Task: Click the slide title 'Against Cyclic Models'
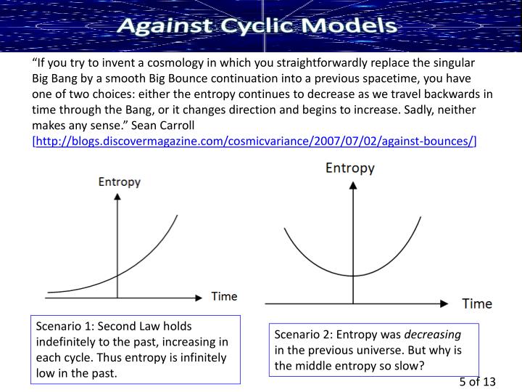[x=257, y=27]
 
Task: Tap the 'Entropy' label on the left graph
[x=119, y=181]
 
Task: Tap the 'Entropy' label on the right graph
[x=350, y=168]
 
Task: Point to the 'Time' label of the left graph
[x=224, y=296]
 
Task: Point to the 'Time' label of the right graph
[x=477, y=303]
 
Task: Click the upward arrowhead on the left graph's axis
[x=117, y=197]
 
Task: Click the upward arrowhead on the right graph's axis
[x=353, y=184]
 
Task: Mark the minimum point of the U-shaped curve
[x=353, y=276]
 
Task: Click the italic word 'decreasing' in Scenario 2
[x=432, y=335]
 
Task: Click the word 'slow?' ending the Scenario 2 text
[x=411, y=365]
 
